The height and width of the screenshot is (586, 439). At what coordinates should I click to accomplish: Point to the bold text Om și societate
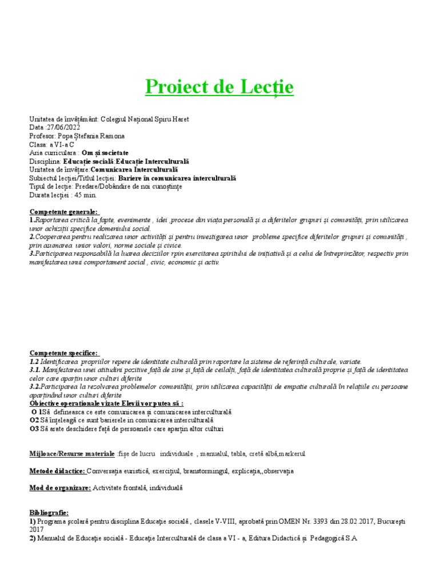click(x=105, y=153)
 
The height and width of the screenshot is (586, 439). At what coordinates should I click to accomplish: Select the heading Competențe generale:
click(x=63, y=212)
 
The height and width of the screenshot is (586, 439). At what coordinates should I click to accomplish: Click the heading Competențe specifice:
click(x=63, y=353)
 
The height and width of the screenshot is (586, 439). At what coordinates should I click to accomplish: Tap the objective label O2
click(x=34, y=420)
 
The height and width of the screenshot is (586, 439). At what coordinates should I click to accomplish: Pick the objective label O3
click(x=34, y=429)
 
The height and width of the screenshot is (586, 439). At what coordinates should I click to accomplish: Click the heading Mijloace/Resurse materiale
click(x=72, y=453)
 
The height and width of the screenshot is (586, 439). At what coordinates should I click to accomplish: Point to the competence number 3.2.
click(x=37, y=387)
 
